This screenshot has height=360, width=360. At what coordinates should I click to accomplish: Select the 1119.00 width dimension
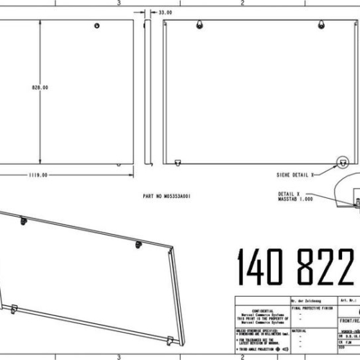(x=38, y=175)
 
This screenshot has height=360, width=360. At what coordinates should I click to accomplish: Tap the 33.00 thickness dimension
(x=166, y=12)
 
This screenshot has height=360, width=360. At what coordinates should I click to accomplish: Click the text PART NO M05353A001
(x=167, y=196)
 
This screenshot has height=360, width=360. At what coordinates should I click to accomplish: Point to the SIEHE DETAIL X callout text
(x=295, y=175)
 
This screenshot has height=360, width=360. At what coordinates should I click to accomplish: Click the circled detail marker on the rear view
(x=343, y=163)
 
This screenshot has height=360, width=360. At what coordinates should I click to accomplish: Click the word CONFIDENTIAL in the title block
(x=258, y=311)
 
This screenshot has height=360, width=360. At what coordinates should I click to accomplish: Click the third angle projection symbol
(x=280, y=348)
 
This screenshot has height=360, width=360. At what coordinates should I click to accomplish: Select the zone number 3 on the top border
(x=118, y=3)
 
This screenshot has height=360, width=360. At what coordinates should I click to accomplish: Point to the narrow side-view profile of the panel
(x=148, y=90)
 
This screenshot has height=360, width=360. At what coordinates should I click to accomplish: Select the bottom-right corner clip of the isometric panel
(x=169, y=339)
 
